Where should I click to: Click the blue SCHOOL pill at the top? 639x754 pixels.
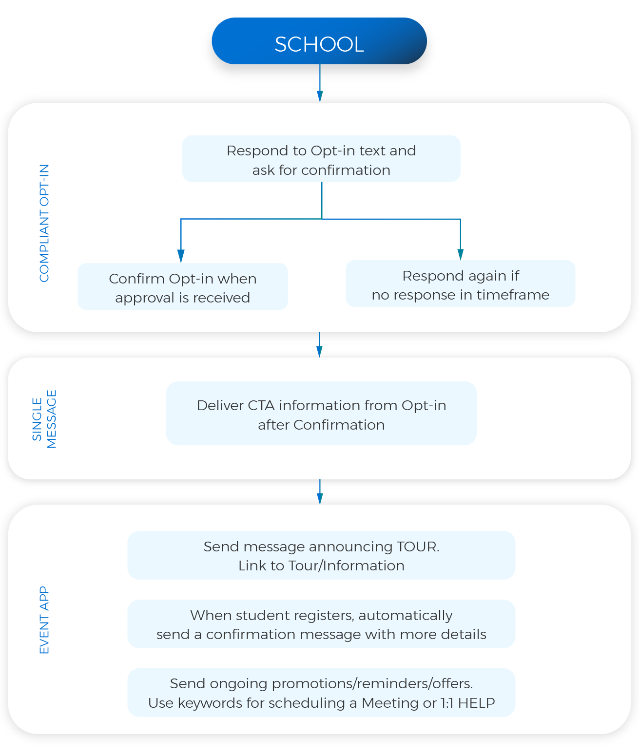click(319, 41)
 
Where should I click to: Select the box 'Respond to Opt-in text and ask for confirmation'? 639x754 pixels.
click(321, 159)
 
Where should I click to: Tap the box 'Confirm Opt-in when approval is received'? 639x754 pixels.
click(183, 287)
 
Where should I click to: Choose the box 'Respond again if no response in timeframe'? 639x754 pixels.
click(460, 284)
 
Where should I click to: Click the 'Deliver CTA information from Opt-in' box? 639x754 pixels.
click(321, 414)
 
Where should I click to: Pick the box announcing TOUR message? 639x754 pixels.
click(321, 555)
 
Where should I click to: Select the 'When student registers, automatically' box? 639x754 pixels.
click(321, 624)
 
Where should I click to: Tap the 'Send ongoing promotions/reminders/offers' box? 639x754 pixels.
click(321, 692)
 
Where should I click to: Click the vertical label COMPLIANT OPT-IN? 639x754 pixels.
click(44, 223)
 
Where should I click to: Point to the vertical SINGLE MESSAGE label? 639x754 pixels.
click(44, 419)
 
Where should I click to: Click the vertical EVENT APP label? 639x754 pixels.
click(44, 620)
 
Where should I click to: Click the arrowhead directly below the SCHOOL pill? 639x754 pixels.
click(320, 96)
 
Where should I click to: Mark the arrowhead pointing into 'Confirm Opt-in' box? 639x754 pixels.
click(181, 256)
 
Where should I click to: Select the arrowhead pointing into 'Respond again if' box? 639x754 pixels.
click(461, 254)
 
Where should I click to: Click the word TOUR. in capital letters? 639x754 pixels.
click(418, 547)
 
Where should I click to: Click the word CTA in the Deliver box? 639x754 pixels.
click(261, 405)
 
